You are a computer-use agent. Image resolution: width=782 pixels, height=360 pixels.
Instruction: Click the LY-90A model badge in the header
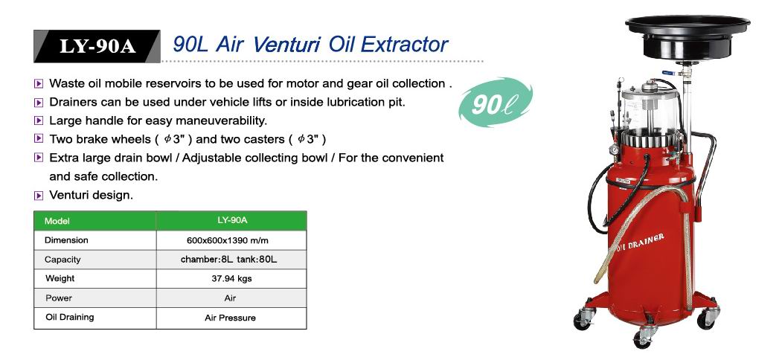[97, 46]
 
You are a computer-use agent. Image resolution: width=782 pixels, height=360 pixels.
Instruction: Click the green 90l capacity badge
[496, 102]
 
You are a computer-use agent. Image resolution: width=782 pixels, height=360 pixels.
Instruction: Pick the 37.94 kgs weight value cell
[231, 279]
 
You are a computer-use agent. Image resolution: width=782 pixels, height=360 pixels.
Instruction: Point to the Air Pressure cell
[230, 318]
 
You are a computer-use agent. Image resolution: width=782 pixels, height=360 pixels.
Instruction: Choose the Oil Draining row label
[69, 317]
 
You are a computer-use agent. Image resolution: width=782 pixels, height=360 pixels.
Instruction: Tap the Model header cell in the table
[94, 221]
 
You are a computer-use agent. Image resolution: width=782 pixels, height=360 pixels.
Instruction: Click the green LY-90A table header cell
[231, 220]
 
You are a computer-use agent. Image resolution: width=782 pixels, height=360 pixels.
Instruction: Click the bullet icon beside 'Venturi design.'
[39, 196]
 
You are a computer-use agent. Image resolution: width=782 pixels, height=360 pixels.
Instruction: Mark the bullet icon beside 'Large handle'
[39, 120]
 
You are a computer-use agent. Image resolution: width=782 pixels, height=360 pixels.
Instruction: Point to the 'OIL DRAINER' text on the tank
[640, 242]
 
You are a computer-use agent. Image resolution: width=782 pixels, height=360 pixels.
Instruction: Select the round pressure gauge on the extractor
[615, 150]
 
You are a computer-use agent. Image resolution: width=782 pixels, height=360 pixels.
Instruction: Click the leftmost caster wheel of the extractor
[583, 320]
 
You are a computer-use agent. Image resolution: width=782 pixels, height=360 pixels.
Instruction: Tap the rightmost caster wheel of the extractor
[707, 318]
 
